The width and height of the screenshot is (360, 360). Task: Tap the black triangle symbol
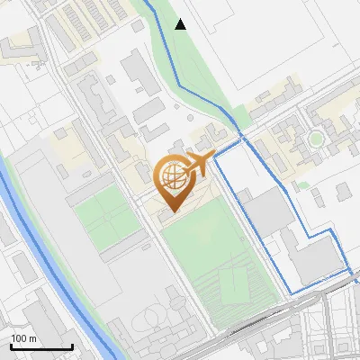[181, 24]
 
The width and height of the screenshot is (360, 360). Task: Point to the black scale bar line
[41, 346]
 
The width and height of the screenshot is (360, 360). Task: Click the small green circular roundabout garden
[316, 139]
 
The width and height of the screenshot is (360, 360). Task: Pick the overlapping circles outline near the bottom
[150, 319]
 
